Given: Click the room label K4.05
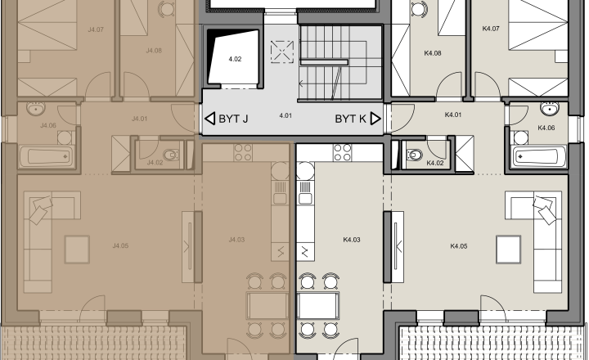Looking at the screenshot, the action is (459, 246).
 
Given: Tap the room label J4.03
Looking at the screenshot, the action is (236, 240).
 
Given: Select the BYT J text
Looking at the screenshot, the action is (233, 119).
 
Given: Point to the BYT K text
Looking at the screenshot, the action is (350, 119).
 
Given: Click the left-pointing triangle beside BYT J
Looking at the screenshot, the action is (210, 119).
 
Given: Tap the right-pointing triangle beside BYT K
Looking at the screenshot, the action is (375, 119).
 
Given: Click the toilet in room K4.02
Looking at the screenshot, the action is (414, 155).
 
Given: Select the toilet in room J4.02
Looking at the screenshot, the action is (171, 154).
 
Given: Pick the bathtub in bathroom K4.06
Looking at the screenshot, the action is (539, 156).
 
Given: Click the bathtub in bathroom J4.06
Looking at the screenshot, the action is (46, 156).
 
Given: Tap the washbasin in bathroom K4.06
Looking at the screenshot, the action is (549, 108).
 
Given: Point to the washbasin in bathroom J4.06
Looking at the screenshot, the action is (36, 108).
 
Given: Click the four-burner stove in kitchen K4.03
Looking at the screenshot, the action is (343, 152).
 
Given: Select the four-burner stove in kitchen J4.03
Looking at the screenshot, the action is (243, 152).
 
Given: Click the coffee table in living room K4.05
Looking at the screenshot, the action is (509, 250).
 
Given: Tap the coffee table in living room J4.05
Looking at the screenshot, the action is (77, 250).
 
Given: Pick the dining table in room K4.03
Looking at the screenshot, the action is (317, 305).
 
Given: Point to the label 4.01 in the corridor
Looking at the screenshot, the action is (286, 115).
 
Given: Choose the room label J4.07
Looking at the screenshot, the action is (96, 29).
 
